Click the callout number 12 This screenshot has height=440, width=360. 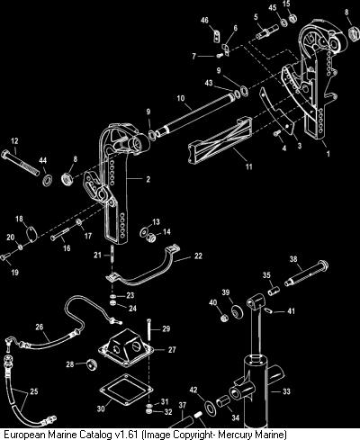coord(14,141)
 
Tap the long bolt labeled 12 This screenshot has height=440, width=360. coord(21,163)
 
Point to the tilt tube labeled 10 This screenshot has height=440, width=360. coord(194,115)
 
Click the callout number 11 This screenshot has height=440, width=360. coord(249,166)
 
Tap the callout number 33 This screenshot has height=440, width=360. coord(287,391)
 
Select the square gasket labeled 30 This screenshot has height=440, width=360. coord(123,390)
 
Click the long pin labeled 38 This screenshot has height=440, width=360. coord(306,274)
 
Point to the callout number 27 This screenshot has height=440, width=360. coord(172,349)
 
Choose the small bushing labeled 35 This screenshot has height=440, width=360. coord(274,291)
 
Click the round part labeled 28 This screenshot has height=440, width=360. coord(91,364)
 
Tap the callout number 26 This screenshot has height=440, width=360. coord(40,327)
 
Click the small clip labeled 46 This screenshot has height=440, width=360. coord(216,36)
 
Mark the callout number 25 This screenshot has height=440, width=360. coord(34,391)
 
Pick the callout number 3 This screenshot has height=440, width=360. coord(300,146)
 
